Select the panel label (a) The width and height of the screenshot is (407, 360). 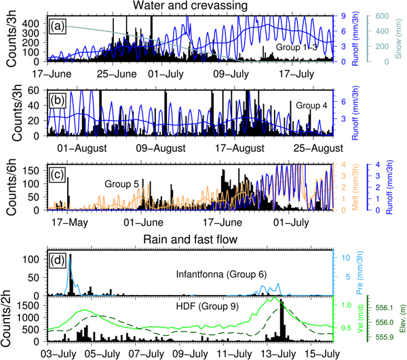(58, 26)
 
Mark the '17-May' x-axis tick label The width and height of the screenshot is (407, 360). (64, 221)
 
